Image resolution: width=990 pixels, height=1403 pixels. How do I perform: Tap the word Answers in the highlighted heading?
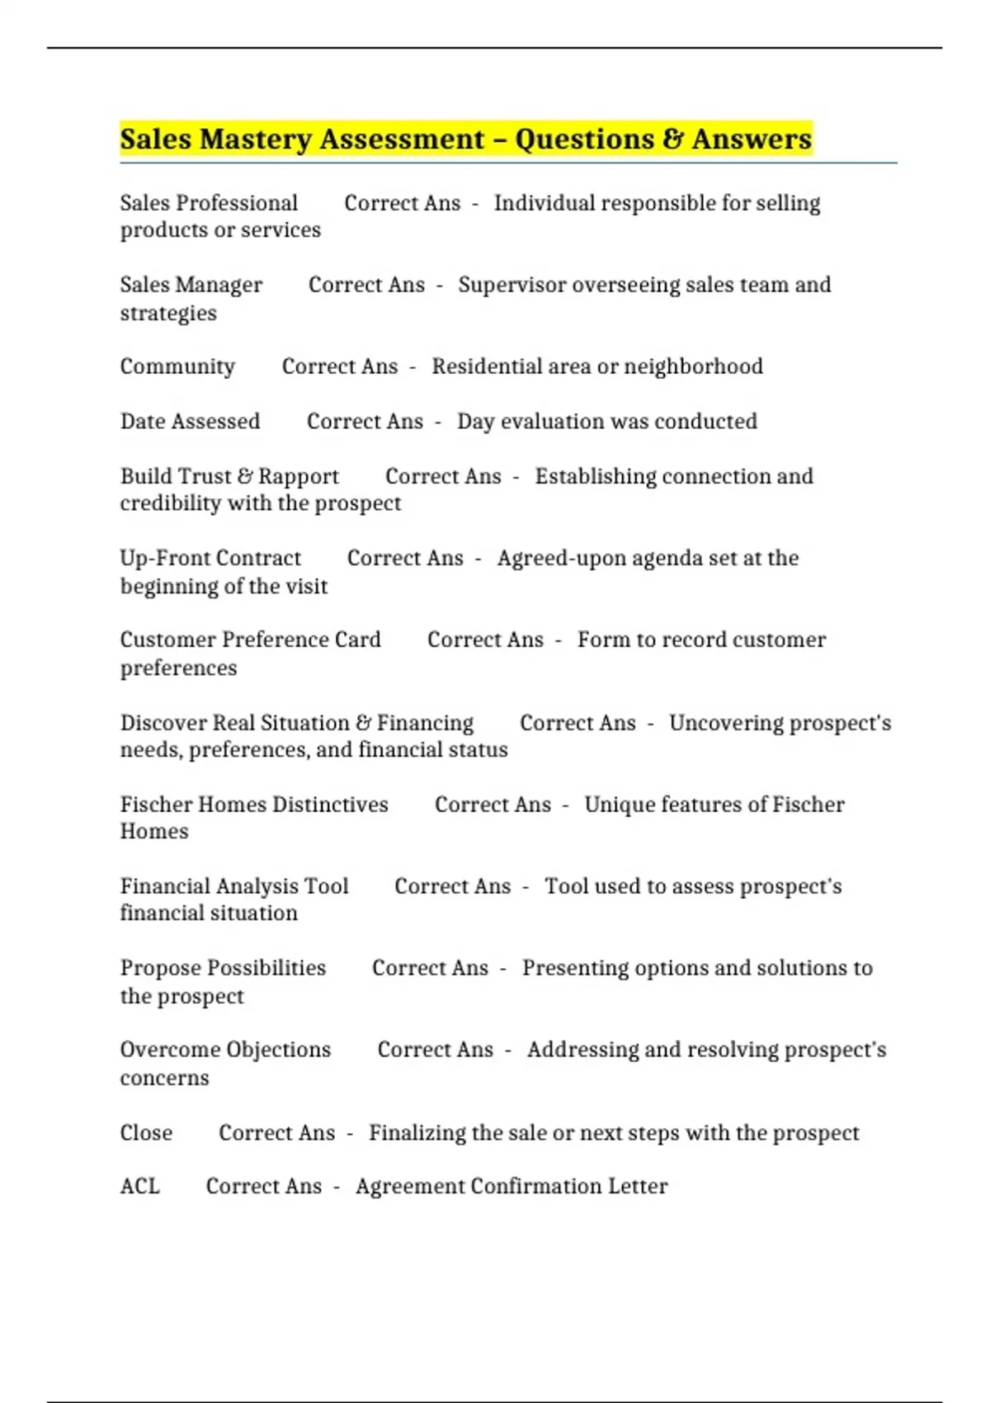click(752, 139)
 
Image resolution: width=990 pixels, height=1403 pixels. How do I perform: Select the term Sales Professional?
click(209, 203)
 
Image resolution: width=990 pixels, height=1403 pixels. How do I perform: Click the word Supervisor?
click(511, 285)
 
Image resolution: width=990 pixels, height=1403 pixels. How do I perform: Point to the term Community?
click(177, 366)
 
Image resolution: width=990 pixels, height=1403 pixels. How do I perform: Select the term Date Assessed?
click(190, 422)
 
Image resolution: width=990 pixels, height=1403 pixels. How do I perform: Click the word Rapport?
click(299, 476)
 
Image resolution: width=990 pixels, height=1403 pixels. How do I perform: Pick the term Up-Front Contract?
click(210, 558)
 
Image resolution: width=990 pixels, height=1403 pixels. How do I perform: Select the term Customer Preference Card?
click(250, 640)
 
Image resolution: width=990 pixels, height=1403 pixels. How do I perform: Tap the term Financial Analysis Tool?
click(234, 886)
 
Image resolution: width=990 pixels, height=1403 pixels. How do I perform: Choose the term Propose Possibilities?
click(223, 968)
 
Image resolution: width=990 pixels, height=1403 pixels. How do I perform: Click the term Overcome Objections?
click(225, 1050)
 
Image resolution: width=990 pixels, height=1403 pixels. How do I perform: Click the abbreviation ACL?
click(139, 1186)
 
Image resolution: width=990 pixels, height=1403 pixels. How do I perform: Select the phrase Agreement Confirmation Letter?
click(511, 1186)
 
